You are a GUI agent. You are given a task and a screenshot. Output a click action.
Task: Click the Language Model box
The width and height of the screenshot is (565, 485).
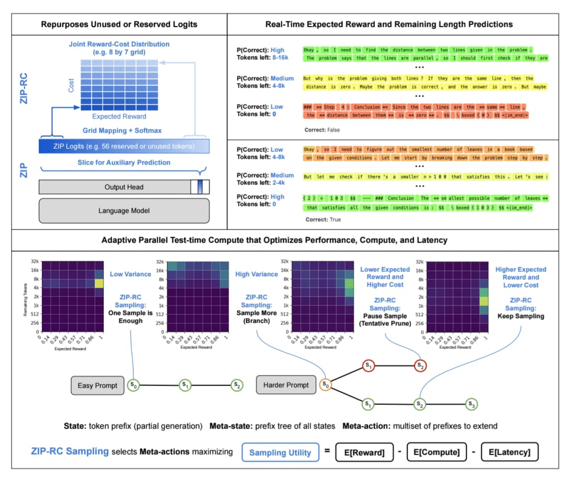point(124,211)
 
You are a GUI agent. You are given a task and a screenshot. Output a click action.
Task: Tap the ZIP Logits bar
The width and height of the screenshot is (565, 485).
point(124,146)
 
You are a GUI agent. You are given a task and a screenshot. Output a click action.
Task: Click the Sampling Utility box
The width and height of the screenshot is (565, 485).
point(280,453)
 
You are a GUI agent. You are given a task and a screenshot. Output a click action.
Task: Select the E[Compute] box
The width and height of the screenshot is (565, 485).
point(436,453)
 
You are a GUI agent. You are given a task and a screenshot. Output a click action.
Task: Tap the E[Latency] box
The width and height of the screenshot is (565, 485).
point(509,453)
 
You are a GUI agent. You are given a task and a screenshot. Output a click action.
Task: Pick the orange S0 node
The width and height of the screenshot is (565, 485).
point(326,385)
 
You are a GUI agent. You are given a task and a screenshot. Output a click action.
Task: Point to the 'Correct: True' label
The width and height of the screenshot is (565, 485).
point(323,219)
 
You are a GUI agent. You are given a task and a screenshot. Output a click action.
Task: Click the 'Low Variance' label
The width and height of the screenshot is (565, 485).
point(130,274)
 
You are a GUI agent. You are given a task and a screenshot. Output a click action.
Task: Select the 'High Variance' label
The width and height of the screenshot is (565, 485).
point(257,274)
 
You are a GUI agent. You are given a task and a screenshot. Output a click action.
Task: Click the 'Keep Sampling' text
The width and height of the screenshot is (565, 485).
point(520,316)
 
